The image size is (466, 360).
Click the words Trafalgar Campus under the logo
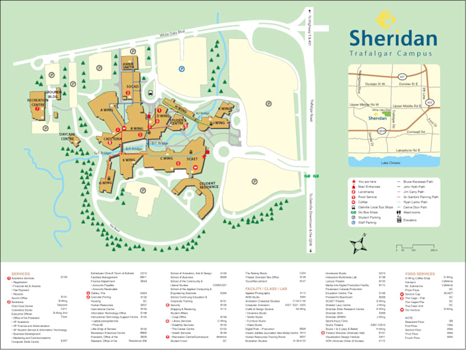tap(393, 53)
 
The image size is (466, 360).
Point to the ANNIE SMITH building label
tap(129, 66)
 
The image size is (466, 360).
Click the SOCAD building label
tap(132, 86)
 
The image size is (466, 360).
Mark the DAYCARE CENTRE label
tap(67, 136)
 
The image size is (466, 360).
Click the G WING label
tap(107, 183)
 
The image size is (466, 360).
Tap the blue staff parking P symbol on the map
tap(181, 69)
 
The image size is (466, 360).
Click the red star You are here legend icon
tap(353, 181)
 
